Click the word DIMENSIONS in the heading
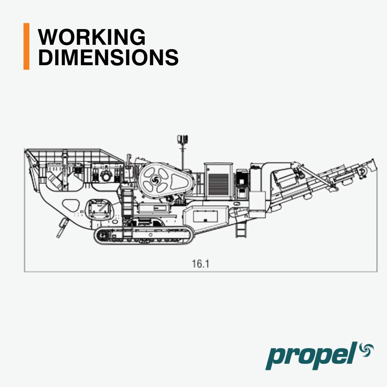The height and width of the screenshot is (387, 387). click(x=108, y=57)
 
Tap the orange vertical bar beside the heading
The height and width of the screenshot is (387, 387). click(x=27, y=46)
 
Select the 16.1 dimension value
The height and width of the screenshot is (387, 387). click(x=200, y=264)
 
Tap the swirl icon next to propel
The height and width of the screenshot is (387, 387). click(x=367, y=350)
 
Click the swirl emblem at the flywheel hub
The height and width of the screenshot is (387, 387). click(x=156, y=180)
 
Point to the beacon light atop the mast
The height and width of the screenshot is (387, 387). click(x=183, y=139)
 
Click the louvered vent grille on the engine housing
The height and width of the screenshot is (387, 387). click(x=219, y=185)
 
